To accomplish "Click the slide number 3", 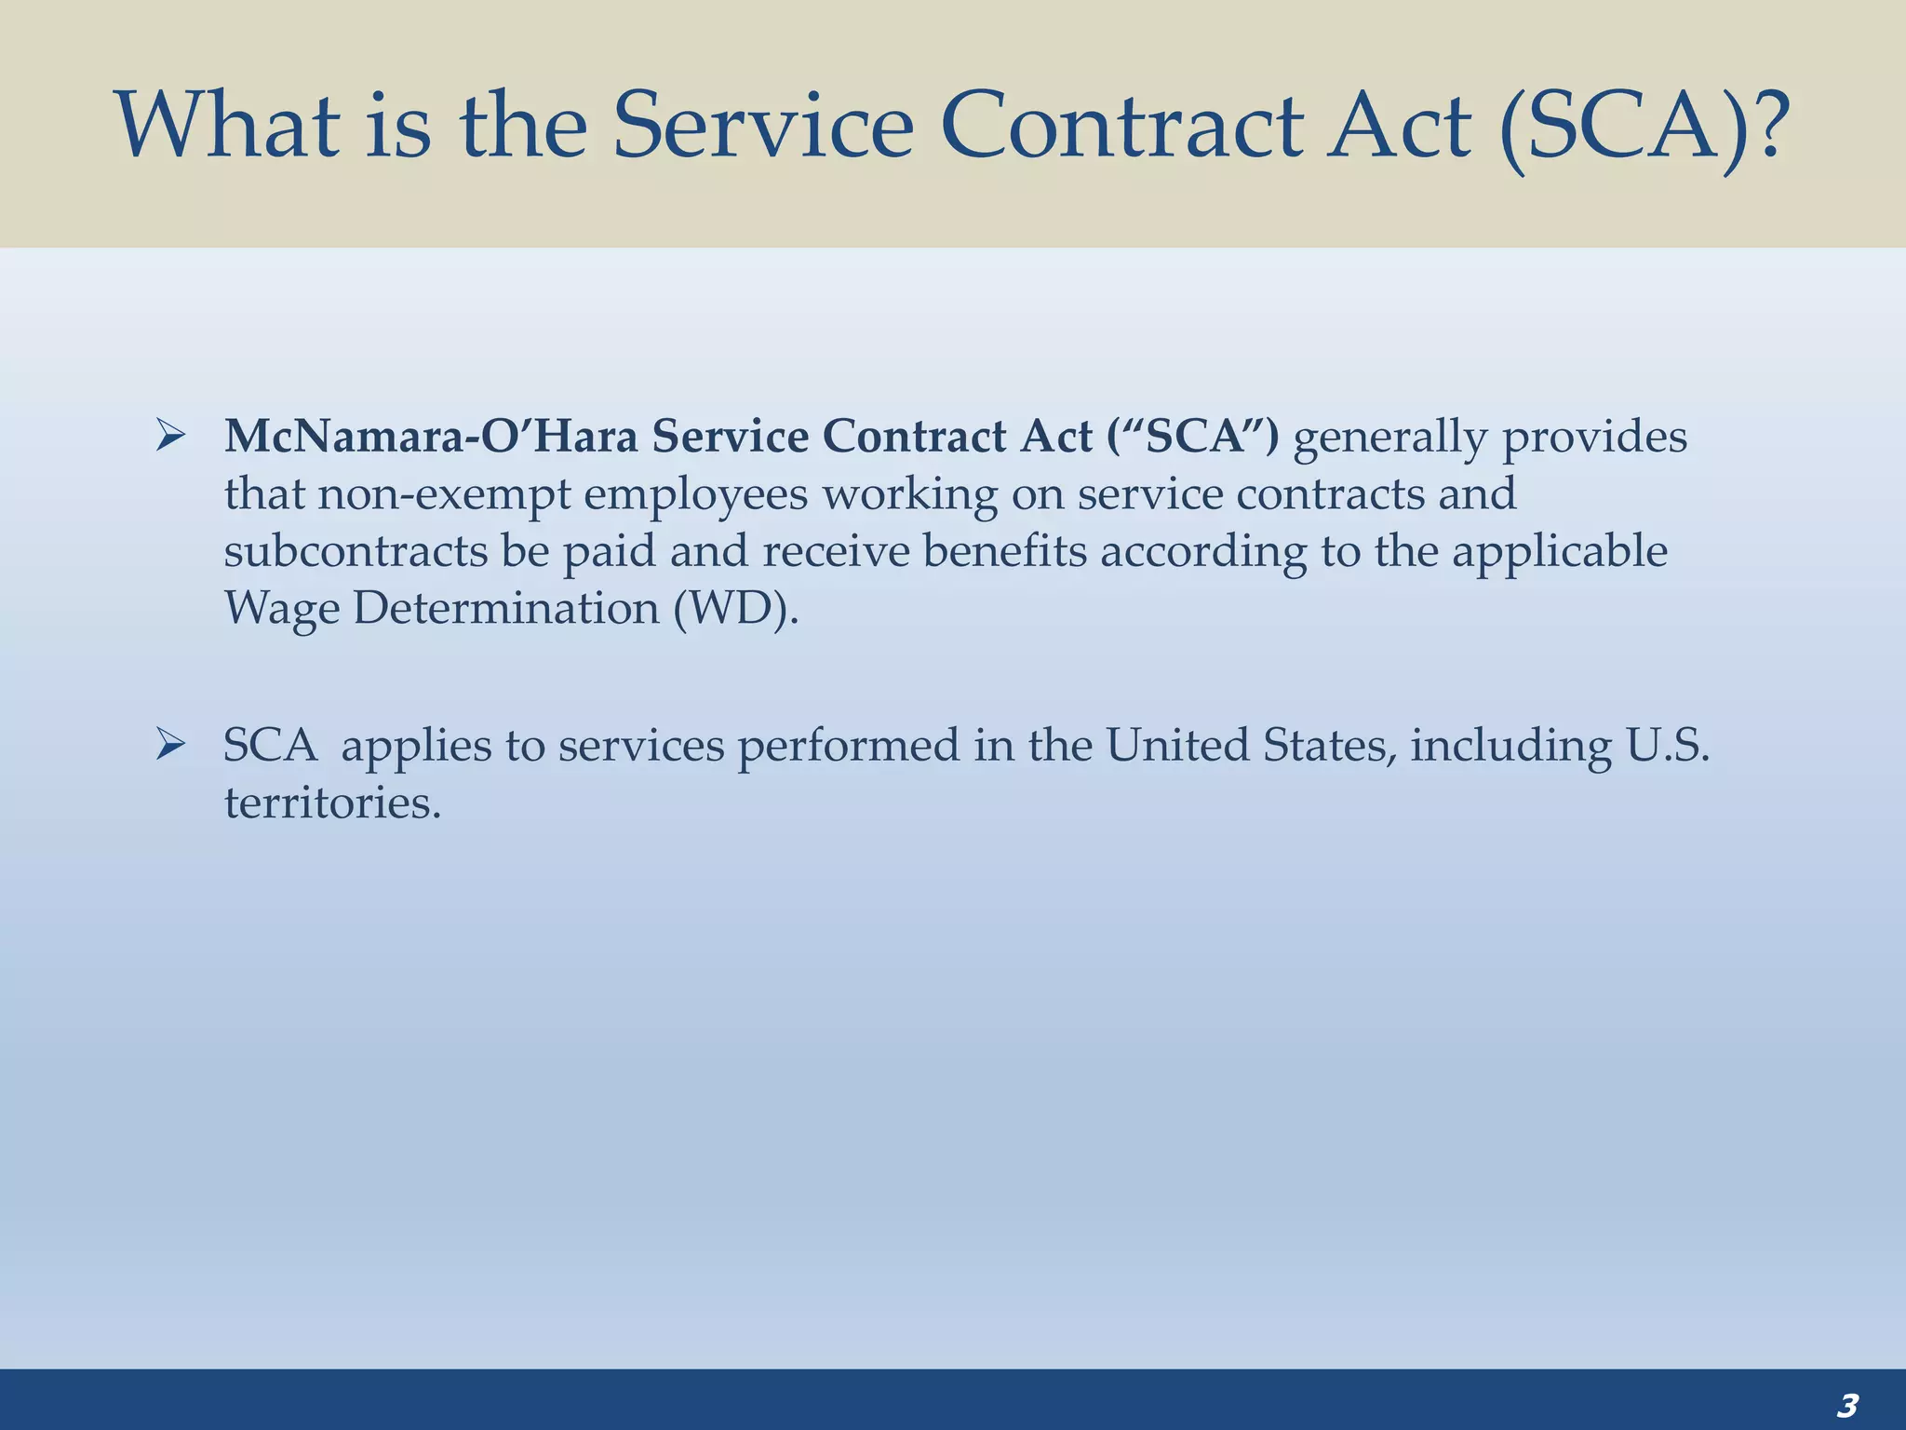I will tap(1847, 1405).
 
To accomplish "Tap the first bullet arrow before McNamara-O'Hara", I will tap(171, 435).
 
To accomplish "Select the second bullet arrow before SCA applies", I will tap(171, 744).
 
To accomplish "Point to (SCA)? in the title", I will tap(1645, 126).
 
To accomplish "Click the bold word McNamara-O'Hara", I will tap(431, 436).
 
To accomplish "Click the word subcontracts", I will tap(356, 550).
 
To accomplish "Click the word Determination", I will tap(506, 608).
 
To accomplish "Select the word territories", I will tap(332, 802).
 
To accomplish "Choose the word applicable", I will tap(1560, 550).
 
